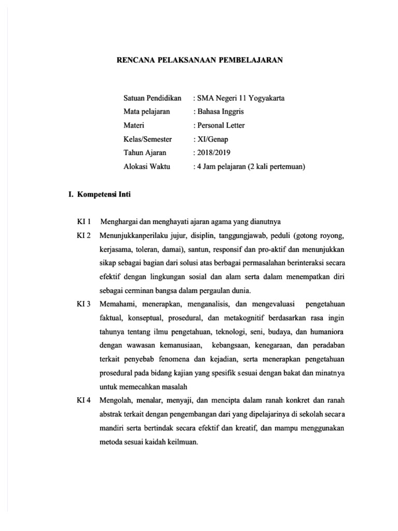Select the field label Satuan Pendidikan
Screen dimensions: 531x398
pos(152,97)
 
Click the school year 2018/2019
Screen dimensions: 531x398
pos(213,153)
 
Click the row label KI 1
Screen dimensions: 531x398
pos(83,222)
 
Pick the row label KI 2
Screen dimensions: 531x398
pos(83,236)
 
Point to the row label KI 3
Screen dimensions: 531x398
pos(83,303)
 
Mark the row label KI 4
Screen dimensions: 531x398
pos(83,400)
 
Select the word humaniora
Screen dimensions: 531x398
pos(326,331)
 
